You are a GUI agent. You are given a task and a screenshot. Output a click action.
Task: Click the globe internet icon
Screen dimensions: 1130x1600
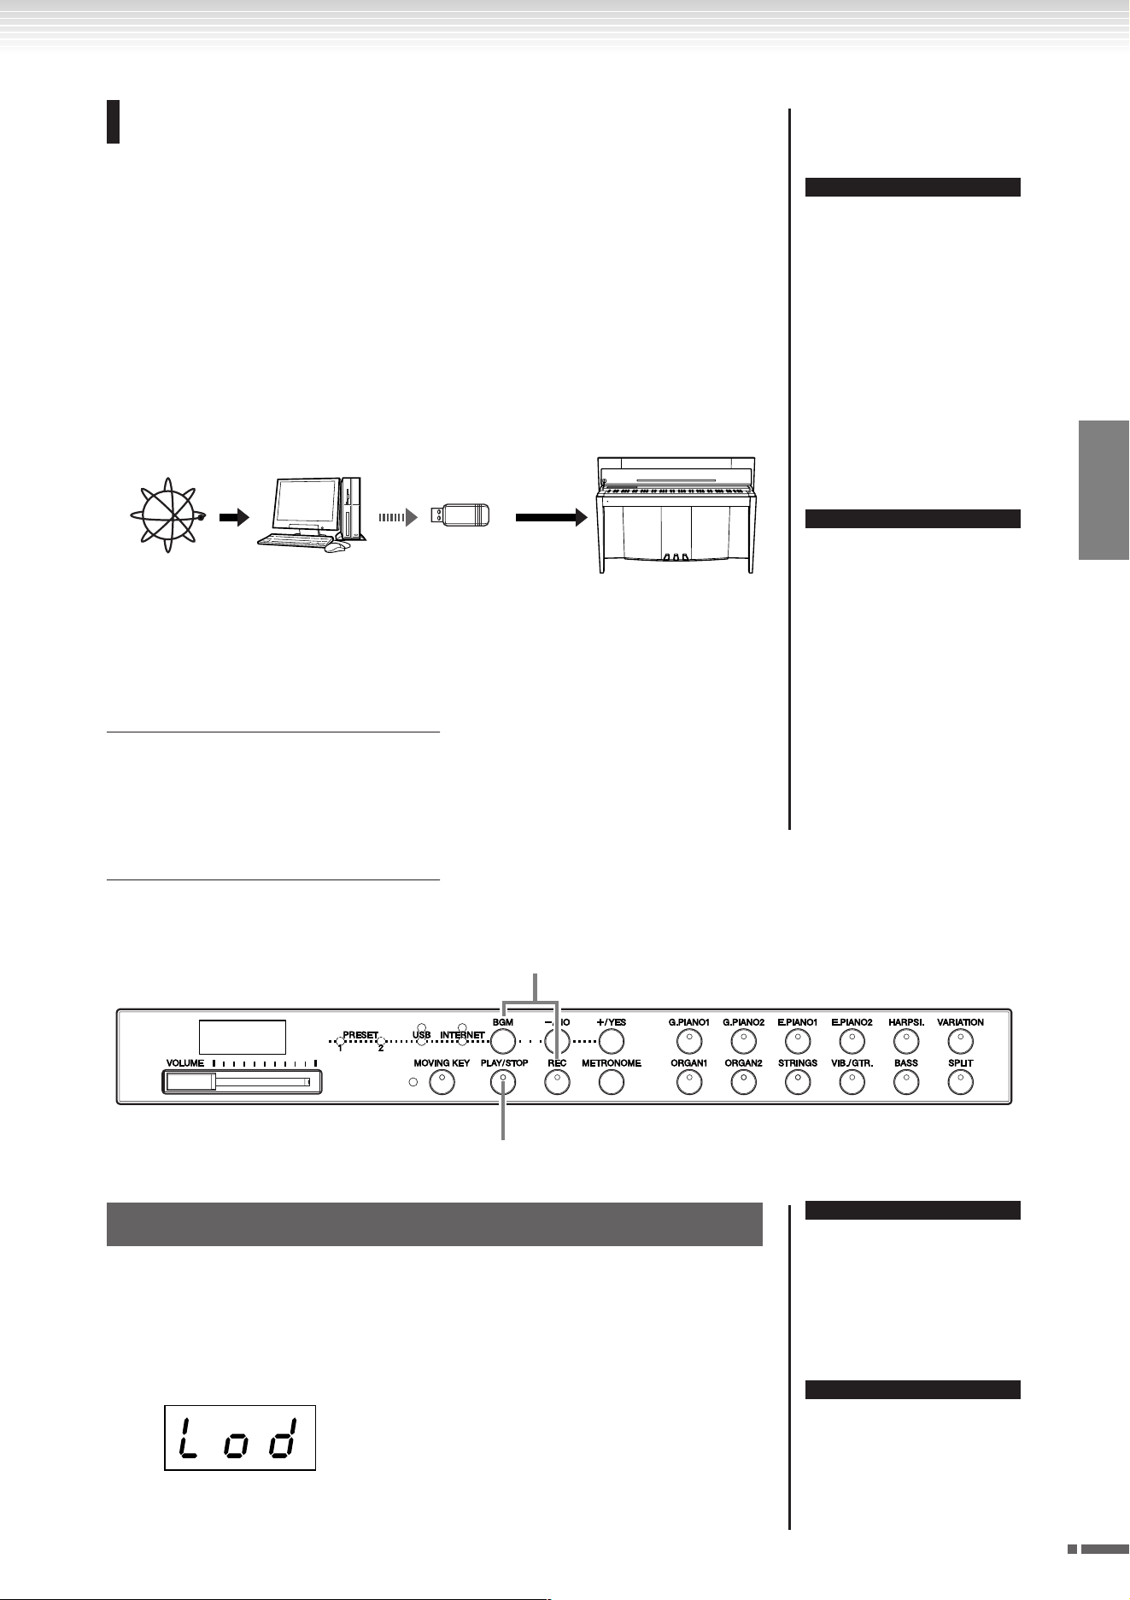[x=168, y=515]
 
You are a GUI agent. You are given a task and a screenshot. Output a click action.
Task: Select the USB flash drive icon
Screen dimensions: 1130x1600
[x=460, y=515]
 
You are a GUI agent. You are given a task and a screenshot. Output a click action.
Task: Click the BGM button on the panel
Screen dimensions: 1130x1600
[x=503, y=1041]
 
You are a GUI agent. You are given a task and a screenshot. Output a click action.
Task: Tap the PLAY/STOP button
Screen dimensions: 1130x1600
[x=503, y=1082]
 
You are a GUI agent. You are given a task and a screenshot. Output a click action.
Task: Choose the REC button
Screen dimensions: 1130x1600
[x=557, y=1082]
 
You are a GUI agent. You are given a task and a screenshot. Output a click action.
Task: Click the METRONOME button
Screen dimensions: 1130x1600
[x=611, y=1082]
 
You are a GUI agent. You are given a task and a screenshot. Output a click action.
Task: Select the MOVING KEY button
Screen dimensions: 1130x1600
[x=442, y=1082]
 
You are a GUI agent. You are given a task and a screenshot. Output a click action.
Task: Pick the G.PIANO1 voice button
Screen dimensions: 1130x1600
[x=688, y=1041]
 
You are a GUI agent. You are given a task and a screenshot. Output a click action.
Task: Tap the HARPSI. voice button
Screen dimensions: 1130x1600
[x=905, y=1041]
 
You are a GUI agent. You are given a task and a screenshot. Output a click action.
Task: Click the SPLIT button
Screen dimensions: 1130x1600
[x=960, y=1082]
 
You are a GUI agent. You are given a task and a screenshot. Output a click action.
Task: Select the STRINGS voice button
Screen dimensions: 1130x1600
[x=797, y=1082]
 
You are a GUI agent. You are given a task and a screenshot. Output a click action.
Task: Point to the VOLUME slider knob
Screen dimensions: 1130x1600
[x=190, y=1082]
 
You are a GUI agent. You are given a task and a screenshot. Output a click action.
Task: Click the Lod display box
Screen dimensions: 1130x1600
[x=240, y=1438]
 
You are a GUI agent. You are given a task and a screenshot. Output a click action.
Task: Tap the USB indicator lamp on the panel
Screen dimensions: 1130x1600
[x=421, y=1026]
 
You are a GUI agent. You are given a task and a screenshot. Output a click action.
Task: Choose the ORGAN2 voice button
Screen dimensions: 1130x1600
[x=743, y=1082]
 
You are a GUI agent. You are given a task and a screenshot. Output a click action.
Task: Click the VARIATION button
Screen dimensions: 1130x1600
[x=960, y=1041]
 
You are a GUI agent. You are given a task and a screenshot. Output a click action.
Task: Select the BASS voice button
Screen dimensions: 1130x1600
[x=905, y=1082]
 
